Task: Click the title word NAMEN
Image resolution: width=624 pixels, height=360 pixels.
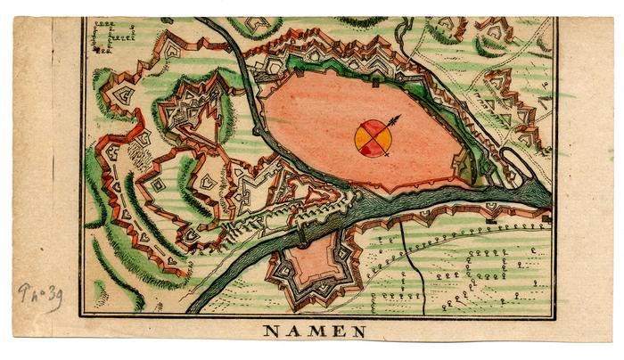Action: click(x=313, y=331)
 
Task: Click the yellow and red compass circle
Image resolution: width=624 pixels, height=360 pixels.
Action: click(x=372, y=139)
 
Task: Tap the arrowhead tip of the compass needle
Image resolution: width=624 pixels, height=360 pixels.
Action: click(x=399, y=116)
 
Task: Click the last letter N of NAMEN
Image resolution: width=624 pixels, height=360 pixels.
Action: click(x=357, y=331)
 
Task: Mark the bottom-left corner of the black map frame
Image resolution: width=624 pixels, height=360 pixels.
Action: click(x=82, y=316)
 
